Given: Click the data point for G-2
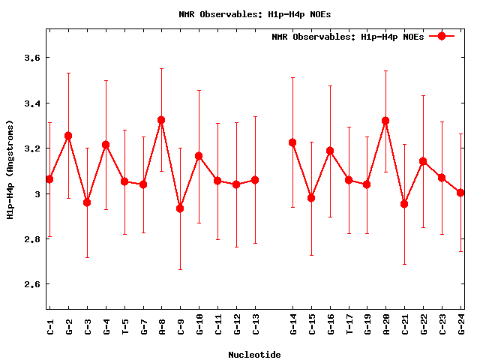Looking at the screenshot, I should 68,136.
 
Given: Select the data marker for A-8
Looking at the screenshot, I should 161,120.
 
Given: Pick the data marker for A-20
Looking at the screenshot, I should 385,121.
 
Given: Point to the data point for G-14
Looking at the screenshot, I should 292,142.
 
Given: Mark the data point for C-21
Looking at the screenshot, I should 404,204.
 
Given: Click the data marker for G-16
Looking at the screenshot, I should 330,151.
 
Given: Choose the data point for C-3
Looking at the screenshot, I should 87,202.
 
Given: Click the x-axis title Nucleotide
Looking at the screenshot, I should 255,355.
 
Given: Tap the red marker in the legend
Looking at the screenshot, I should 442,36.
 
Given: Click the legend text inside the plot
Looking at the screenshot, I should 348,36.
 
